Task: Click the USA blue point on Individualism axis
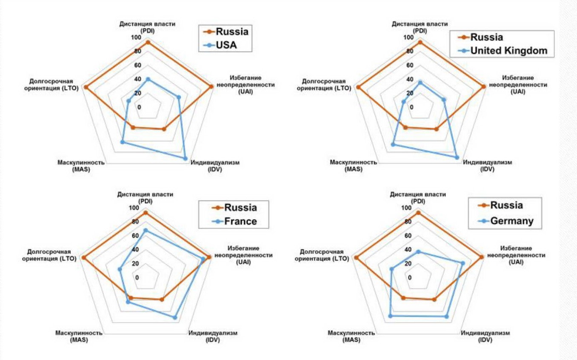click(185, 158)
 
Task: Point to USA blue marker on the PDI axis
click(148, 79)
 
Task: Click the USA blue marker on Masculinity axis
click(123, 142)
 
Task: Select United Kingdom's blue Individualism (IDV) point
click(457, 157)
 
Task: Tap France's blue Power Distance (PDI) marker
click(145, 230)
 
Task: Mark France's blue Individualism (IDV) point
click(174, 317)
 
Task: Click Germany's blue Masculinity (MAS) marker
click(390, 316)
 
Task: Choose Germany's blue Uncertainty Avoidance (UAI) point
click(463, 263)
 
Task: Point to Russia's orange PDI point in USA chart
click(148, 42)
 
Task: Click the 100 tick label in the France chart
click(133, 208)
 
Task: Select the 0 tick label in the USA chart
click(138, 107)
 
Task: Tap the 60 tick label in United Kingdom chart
click(410, 65)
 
